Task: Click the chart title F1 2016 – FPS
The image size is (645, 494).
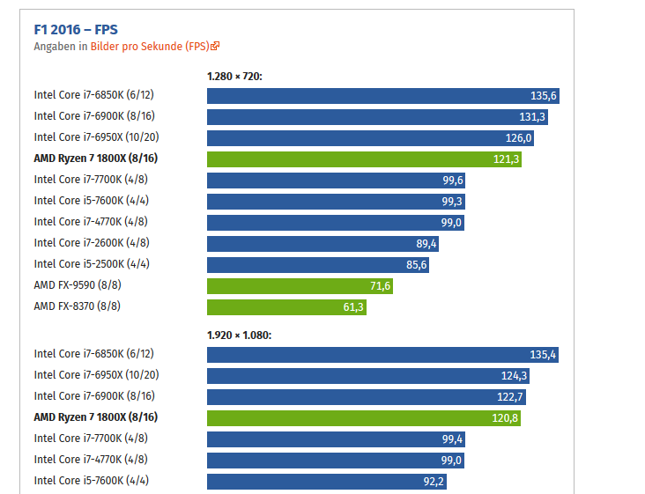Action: point(75,29)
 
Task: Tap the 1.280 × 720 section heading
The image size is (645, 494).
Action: point(234,76)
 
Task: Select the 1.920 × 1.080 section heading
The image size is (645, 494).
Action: point(239,335)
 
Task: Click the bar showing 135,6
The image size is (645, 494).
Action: point(382,95)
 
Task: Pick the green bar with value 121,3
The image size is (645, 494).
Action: point(364,159)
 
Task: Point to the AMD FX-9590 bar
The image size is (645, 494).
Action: point(300,285)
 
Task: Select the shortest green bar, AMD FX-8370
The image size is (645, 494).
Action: point(286,306)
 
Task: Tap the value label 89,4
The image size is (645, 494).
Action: point(426,243)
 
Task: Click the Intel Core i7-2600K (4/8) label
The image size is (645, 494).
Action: point(92,243)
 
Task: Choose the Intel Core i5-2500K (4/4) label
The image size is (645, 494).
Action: point(92,264)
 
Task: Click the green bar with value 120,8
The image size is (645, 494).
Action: point(363,417)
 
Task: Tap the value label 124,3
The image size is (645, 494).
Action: point(514,375)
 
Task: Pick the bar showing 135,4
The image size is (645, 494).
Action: point(382,354)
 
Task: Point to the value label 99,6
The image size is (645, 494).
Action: point(453,180)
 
